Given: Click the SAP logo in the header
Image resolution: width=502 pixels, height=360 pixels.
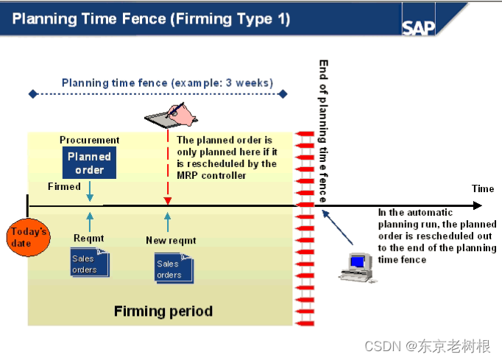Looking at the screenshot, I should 419,27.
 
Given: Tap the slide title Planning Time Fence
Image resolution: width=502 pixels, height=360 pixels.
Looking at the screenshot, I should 151,18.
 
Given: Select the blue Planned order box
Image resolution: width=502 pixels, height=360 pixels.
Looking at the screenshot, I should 89,163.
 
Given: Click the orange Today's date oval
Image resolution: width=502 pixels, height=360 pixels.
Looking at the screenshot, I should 28,237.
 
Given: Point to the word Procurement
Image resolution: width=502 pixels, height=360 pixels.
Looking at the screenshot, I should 89,140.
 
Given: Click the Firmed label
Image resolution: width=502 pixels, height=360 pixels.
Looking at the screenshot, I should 64,186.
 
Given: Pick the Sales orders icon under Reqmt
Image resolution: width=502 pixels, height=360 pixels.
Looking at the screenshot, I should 89,263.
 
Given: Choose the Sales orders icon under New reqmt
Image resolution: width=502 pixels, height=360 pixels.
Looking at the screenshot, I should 173,268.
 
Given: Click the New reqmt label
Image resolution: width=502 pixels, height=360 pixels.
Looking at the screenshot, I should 171,239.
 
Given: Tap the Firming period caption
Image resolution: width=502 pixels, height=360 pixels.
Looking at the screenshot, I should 163,311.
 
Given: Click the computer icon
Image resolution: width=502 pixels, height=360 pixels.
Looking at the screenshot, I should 357,267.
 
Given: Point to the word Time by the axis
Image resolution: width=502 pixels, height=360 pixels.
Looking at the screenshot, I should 482,188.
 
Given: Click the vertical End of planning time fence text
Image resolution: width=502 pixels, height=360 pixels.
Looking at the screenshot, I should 323,133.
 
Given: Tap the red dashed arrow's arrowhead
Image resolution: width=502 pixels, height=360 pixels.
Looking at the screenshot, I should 167,200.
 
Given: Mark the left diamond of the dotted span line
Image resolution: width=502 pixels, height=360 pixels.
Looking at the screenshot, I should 32,93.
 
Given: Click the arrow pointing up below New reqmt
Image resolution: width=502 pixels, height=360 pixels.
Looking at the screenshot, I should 167,221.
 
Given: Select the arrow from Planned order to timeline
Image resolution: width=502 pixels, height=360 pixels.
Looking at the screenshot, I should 89,191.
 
